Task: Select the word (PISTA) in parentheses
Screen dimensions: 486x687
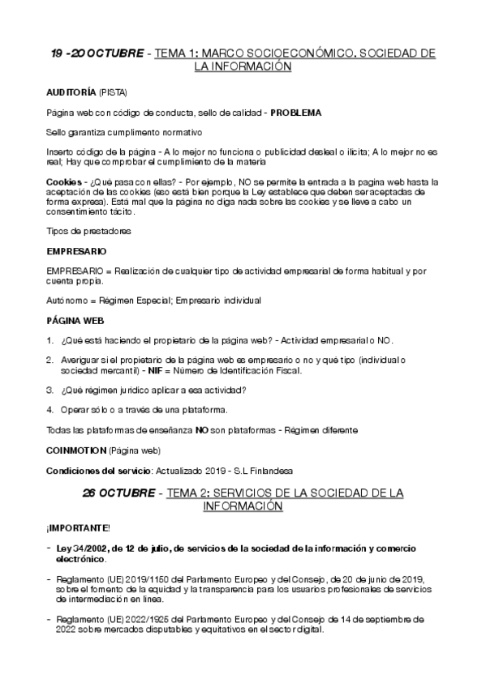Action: [113, 92]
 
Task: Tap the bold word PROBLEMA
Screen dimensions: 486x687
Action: [295, 112]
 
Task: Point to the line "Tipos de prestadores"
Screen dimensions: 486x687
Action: [88, 231]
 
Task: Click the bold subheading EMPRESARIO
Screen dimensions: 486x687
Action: [77, 251]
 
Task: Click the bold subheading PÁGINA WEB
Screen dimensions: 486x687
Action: [75, 320]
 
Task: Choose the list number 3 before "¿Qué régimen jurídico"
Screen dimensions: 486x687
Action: [49, 389]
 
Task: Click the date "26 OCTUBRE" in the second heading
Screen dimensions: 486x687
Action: [120, 493]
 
